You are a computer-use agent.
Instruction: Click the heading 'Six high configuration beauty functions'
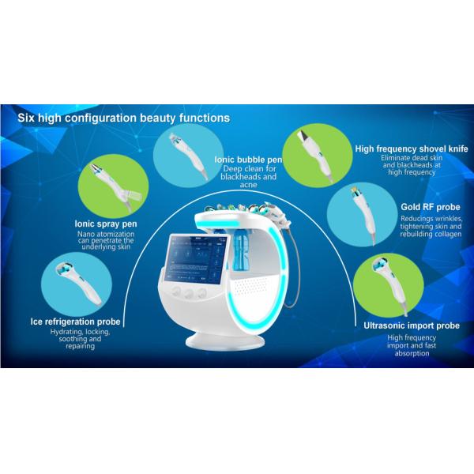click(124, 118)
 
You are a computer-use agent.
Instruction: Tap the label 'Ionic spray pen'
click(106, 224)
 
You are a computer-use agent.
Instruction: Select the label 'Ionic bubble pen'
click(248, 160)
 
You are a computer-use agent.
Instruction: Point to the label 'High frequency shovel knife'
click(412, 149)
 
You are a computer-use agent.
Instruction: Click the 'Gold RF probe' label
click(431, 207)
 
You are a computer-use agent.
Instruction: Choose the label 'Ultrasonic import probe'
click(412, 325)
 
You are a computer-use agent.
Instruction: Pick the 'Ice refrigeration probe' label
click(76, 322)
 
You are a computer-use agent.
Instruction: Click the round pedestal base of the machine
click(224, 340)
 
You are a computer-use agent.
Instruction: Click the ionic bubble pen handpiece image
click(189, 156)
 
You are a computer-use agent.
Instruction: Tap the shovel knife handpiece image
click(316, 156)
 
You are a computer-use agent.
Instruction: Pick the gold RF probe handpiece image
click(364, 216)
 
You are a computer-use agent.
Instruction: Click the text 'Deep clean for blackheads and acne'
click(248, 177)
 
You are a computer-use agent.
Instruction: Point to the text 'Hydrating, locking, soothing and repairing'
click(80, 339)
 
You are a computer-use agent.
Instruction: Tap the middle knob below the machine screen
click(190, 293)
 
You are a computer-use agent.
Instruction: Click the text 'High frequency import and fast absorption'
click(412, 345)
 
